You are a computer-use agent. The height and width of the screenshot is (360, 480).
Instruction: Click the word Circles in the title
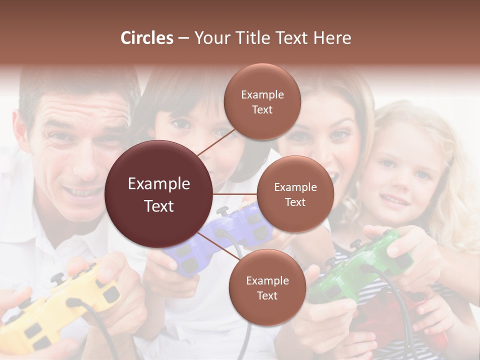click(x=146, y=38)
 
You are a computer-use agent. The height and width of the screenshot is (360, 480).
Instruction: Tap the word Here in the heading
click(x=332, y=38)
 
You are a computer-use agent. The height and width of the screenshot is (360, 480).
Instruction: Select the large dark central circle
click(x=159, y=194)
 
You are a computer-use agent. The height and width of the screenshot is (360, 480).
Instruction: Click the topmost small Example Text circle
click(x=262, y=101)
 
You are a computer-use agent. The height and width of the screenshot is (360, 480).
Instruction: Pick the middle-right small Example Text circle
click(x=295, y=194)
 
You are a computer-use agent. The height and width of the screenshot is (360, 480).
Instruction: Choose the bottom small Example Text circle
click(x=267, y=287)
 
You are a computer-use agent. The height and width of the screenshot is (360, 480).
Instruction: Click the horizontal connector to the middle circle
click(x=235, y=194)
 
